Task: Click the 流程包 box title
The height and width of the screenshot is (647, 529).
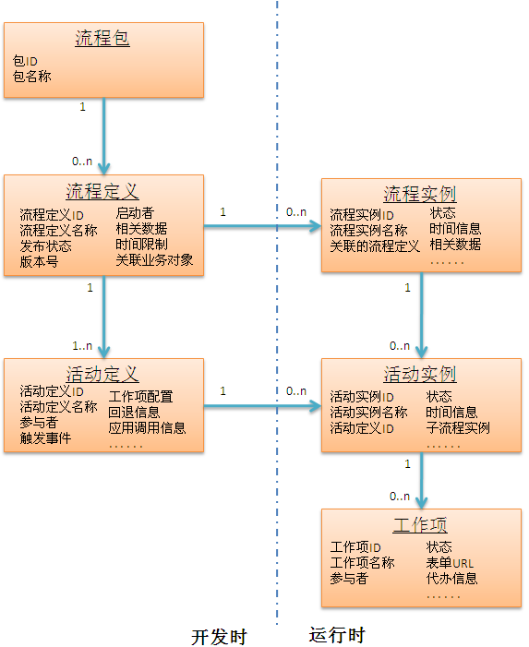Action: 102,39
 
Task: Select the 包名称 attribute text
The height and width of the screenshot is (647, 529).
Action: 32,76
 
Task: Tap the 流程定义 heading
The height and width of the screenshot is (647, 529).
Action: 102,191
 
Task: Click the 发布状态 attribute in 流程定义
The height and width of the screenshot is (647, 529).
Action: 46,246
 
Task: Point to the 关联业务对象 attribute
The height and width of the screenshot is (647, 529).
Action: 154,260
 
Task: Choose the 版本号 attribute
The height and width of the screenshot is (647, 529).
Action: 39,261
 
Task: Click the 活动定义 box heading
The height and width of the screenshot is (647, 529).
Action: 102,374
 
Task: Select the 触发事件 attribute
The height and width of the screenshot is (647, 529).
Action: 45,437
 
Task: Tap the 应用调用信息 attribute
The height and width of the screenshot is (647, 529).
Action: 147,427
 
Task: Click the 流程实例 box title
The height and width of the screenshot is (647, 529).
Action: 420,195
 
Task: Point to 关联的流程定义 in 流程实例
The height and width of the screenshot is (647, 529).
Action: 375,246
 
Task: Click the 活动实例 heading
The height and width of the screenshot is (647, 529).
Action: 420,375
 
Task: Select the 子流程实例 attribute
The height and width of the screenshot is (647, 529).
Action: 458,427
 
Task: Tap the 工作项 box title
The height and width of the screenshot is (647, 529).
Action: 420,525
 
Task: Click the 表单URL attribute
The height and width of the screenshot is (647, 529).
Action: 450,563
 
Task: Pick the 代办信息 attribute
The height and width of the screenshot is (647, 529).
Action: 451,579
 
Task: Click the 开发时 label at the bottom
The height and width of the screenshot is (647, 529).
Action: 219,637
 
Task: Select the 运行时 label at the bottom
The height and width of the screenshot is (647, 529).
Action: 337,636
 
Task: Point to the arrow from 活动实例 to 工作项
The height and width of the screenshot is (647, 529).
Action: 421,480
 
